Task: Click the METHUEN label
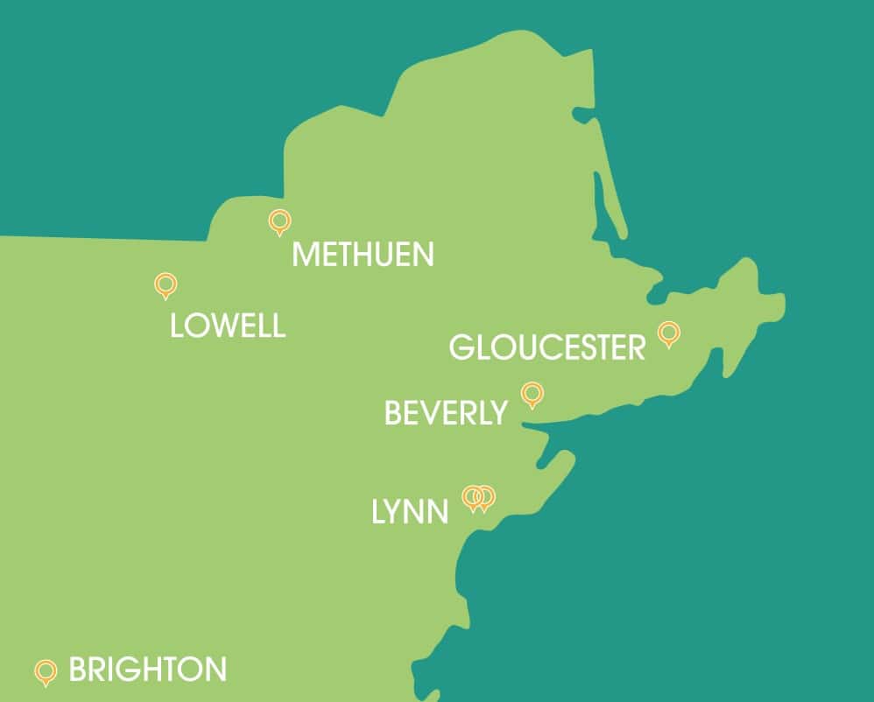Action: pyautogui.click(x=363, y=255)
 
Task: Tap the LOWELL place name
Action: pyautogui.click(x=228, y=326)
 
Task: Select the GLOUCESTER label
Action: pyautogui.click(x=547, y=347)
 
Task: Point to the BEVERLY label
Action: pyautogui.click(x=446, y=413)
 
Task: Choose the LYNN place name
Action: pyautogui.click(x=410, y=512)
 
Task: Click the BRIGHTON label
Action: pyautogui.click(x=147, y=670)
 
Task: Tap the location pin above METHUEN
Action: pyautogui.click(x=279, y=222)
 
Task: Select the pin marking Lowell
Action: pyautogui.click(x=165, y=284)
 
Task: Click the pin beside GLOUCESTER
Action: pyautogui.click(x=668, y=333)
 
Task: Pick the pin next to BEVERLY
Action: pyautogui.click(x=532, y=394)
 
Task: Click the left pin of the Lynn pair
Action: pyautogui.click(x=473, y=496)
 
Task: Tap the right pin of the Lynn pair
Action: pyautogui.click(x=485, y=496)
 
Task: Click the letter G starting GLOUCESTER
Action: pyautogui.click(x=462, y=347)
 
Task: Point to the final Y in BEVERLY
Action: pyautogui.click(x=497, y=413)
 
